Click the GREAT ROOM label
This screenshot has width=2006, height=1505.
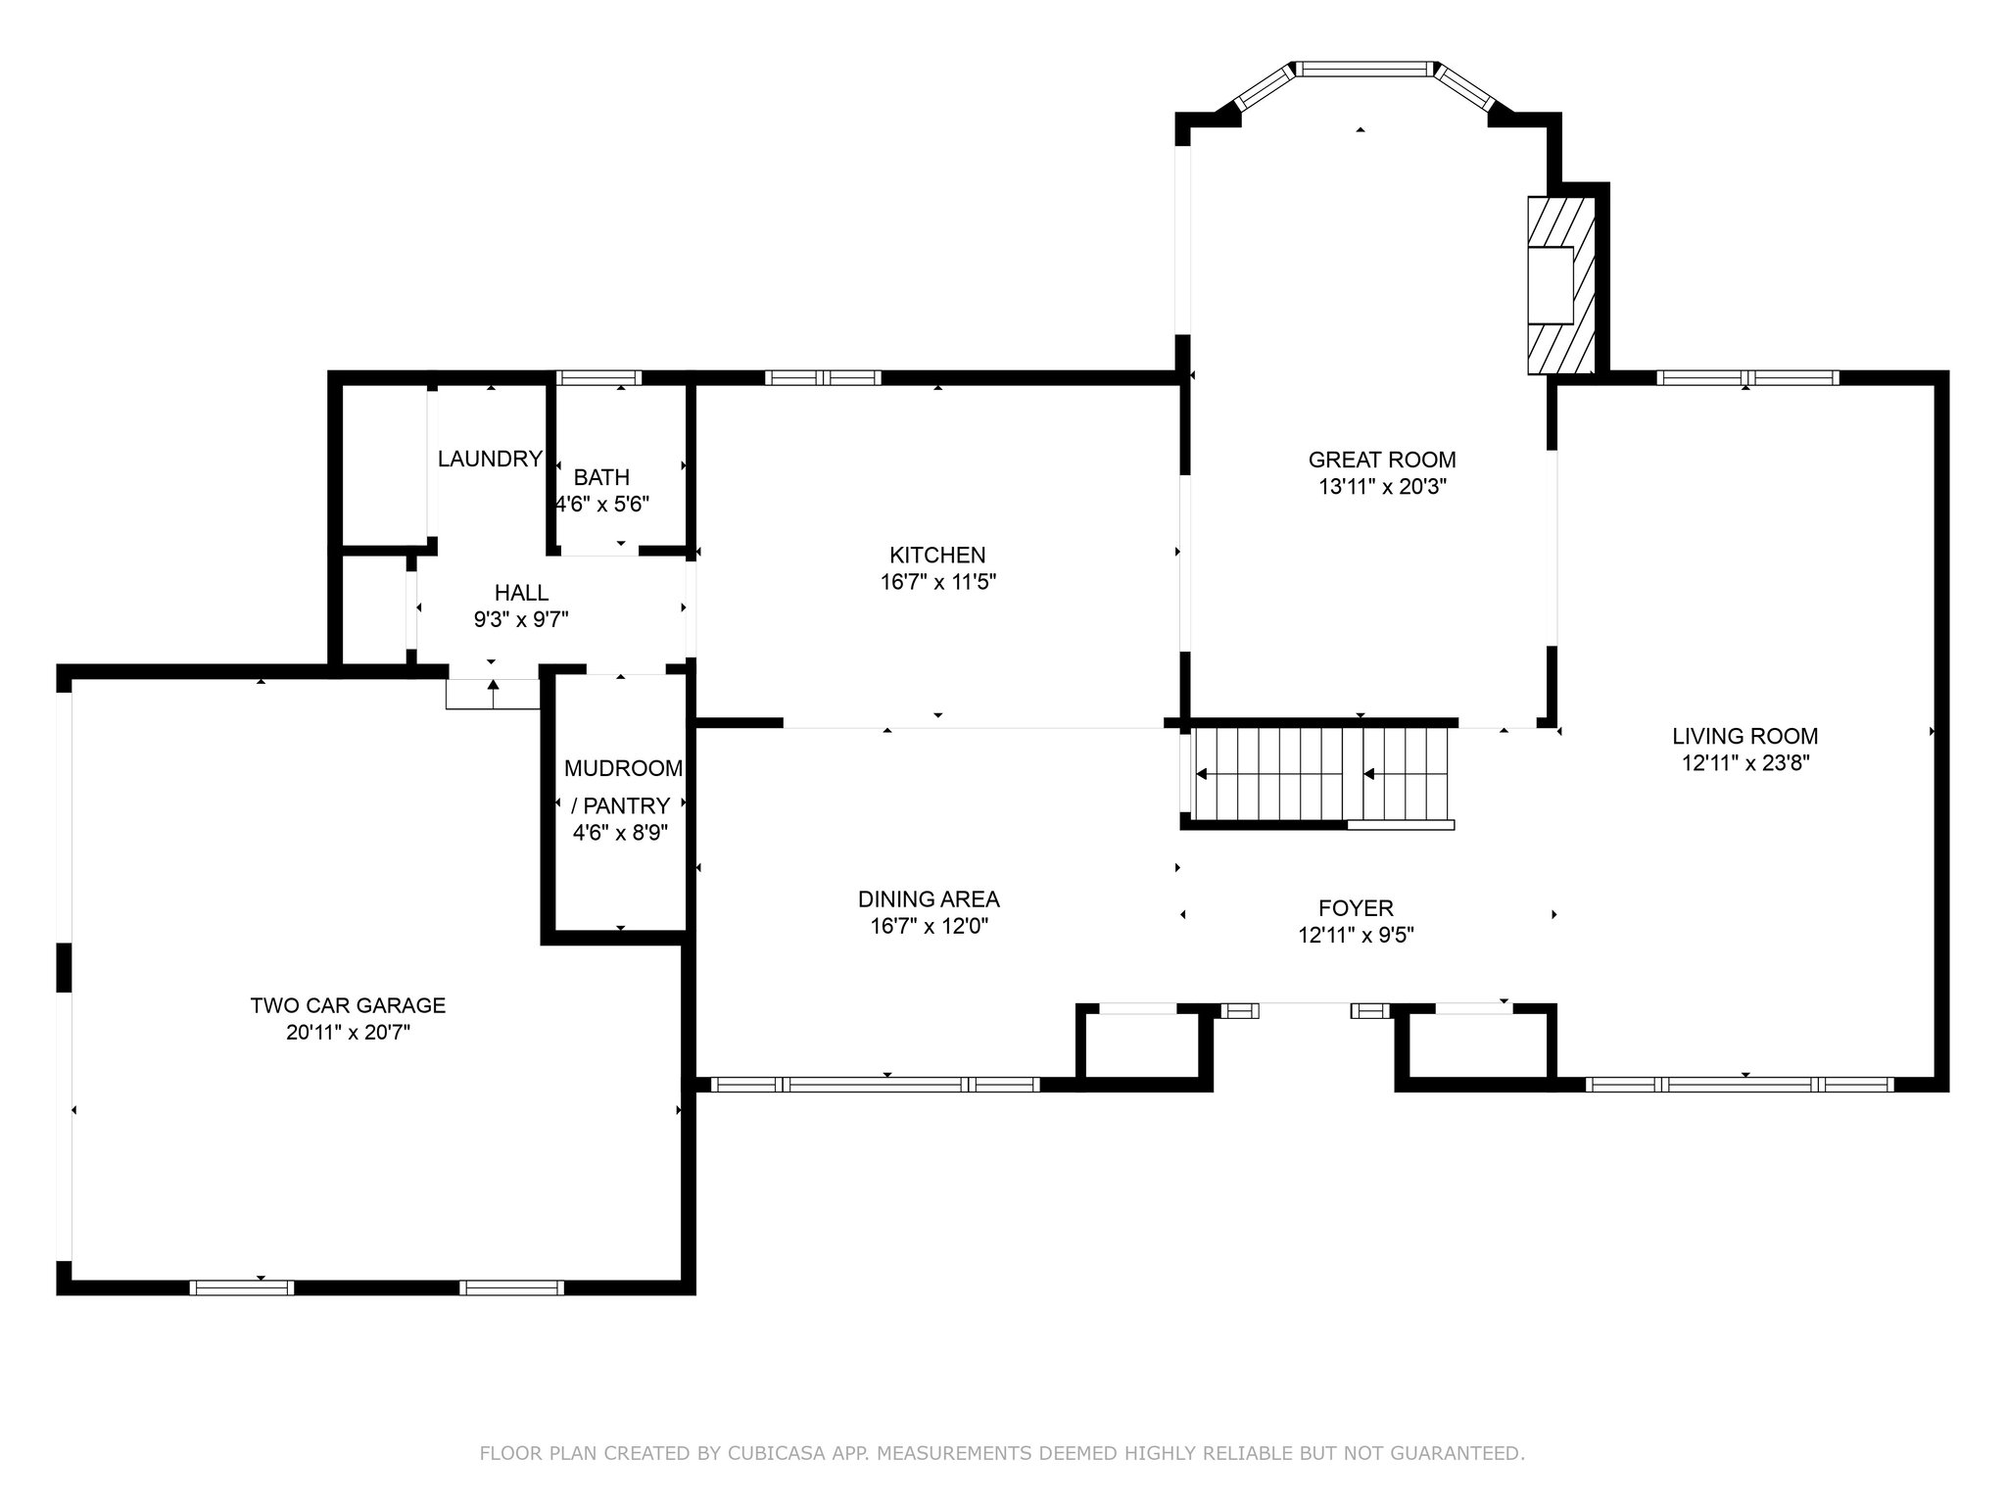coord(1382,460)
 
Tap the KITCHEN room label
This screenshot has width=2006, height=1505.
coord(937,556)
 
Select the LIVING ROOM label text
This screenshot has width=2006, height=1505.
coord(1744,736)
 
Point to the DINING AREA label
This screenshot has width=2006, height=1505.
coord(929,899)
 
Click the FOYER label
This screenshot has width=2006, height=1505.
coord(1356,908)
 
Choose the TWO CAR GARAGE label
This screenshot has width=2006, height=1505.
coord(348,1005)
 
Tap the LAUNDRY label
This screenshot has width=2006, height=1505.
coord(490,459)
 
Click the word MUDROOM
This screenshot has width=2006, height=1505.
coord(623,768)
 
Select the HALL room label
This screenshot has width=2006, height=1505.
coord(521,593)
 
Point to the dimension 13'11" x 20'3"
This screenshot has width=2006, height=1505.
coord(1382,487)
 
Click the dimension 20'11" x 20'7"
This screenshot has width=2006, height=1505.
coord(348,1033)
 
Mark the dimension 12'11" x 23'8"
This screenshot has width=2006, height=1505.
coord(1744,763)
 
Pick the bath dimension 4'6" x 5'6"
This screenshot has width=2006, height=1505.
coord(602,505)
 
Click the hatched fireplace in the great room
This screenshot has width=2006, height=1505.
coord(1561,285)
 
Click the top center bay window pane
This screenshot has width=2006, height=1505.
coord(1363,69)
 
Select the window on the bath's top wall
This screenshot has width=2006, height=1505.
coord(599,377)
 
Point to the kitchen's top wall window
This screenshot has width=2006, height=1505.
coord(823,377)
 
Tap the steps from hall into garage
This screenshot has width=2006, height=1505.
coord(493,694)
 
